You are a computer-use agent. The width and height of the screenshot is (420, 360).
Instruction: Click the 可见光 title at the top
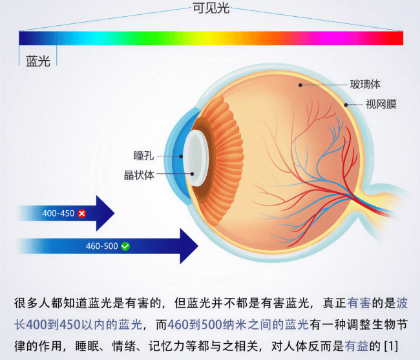pyautogui.click(x=211, y=8)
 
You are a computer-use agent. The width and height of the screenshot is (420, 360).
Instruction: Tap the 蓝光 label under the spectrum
pyautogui.click(x=38, y=61)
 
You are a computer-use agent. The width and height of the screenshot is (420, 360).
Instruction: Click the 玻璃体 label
pyautogui.click(x=365, y=85)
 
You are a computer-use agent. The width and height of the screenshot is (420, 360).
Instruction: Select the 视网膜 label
pyautogui.click(x=381, y=104)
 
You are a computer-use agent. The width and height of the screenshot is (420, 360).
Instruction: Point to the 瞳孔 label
pyautogui.click(x=143, y=156)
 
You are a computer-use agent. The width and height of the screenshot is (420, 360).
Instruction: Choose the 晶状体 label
pyautogui.click(x=139, y=175)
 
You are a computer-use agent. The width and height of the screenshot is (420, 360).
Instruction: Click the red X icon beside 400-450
pyautogui.click(x=81, y=213)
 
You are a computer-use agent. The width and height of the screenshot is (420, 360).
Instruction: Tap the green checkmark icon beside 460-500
pyautogui.click(x=125, y=246)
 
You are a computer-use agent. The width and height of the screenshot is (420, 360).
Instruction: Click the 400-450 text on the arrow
pyautogui.click(x=58, y=213)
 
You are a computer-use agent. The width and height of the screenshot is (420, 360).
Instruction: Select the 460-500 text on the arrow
pyautogui.click(x=102, y=246)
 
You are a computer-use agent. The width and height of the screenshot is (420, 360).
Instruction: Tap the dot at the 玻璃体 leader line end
pyautogui.click(x=300, y=85)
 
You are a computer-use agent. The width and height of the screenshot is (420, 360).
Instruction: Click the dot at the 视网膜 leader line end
pyautogui.click(x=346, y=105)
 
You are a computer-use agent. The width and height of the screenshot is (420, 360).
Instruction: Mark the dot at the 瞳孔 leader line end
pyautogui.click(x=181, y=156)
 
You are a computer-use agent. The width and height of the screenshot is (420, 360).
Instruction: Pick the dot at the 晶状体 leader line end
pyautogui.click(x=192, y=174)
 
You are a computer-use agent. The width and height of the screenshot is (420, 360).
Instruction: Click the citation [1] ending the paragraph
pyautogui.click(x=391, y=346)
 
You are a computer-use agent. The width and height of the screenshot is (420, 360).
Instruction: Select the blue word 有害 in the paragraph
pyautogui.click(x=359, y=303)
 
